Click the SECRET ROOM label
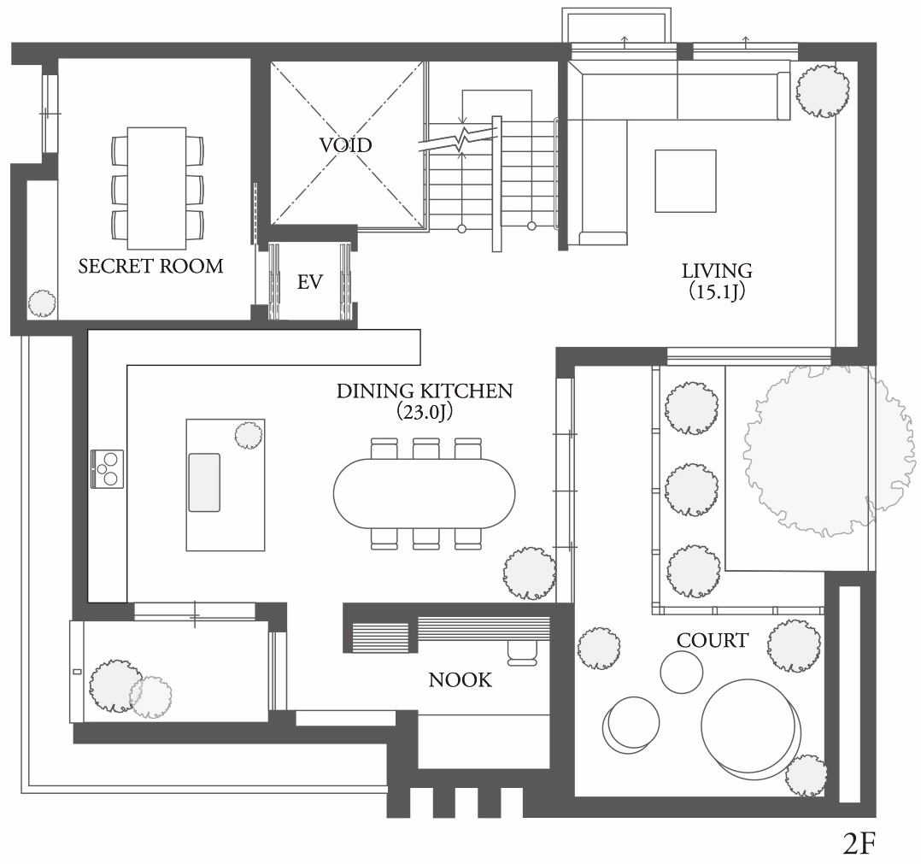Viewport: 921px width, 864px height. tap(151, 266)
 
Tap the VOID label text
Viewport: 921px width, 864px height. tap(345, 144)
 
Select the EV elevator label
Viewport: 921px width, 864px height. tap(309, 282)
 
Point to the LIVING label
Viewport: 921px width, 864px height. tap(717, 271)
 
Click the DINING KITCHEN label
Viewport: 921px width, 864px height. tap(424, 391)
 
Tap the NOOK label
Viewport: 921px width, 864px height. tap(460, 679)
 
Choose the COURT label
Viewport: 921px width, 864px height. tap(712, 640)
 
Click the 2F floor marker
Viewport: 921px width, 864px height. tap(859, 843)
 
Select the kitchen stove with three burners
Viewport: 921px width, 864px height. tap(108, 468)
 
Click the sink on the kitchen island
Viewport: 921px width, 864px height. tap(204, 482)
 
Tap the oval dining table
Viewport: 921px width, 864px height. tap(424, 493)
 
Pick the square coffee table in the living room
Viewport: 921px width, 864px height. tap(685, 180)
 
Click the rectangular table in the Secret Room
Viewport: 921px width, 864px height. tap(157, 188)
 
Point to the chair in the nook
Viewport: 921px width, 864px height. tap(521, 652)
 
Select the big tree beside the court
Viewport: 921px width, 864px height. tap(828, 450)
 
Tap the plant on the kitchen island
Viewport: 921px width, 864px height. tap(249, 435)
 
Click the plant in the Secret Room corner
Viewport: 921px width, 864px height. tap(43, 303)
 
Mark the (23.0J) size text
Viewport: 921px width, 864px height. tap(424, 412)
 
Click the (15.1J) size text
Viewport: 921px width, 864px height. tap(717, 291)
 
